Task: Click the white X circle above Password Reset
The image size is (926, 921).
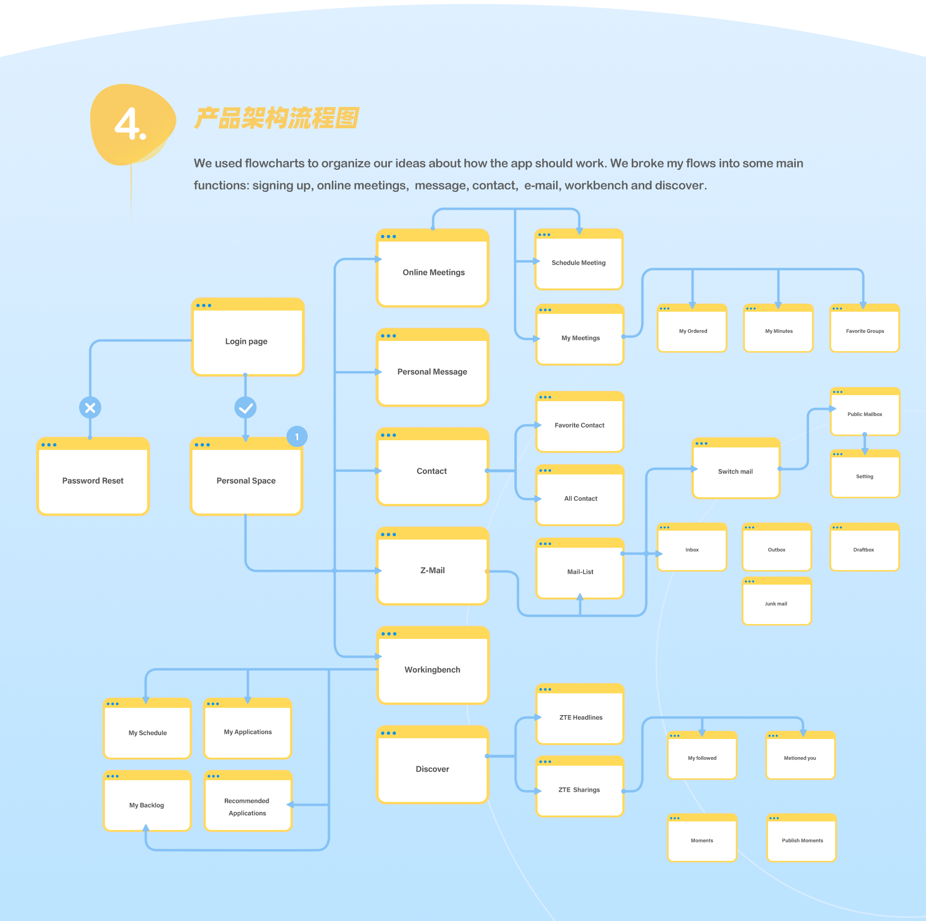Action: click(90, 408)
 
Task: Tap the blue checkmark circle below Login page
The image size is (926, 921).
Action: click(245, 408)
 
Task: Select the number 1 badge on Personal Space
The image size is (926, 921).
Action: click(297, 436)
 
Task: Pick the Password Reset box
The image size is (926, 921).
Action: click(93, 476)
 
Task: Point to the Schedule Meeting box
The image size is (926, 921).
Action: click(579, 259)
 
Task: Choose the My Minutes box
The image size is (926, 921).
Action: click(778, 328)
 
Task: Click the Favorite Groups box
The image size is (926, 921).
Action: click(865, 328)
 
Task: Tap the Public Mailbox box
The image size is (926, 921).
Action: click(865, 411)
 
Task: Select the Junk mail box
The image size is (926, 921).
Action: click(777, 601)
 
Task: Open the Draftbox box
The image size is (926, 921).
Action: click(865, 547)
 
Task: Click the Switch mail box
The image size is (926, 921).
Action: click(736, 468)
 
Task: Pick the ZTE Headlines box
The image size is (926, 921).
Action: click(580, 714)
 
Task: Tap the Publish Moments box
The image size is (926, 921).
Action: click(802, 838)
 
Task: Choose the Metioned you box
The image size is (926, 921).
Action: click(801, 755)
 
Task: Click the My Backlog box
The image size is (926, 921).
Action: click(148, 801)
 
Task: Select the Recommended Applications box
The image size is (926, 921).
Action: click(248, 801)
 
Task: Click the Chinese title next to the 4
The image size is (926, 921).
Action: click(277, 118)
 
